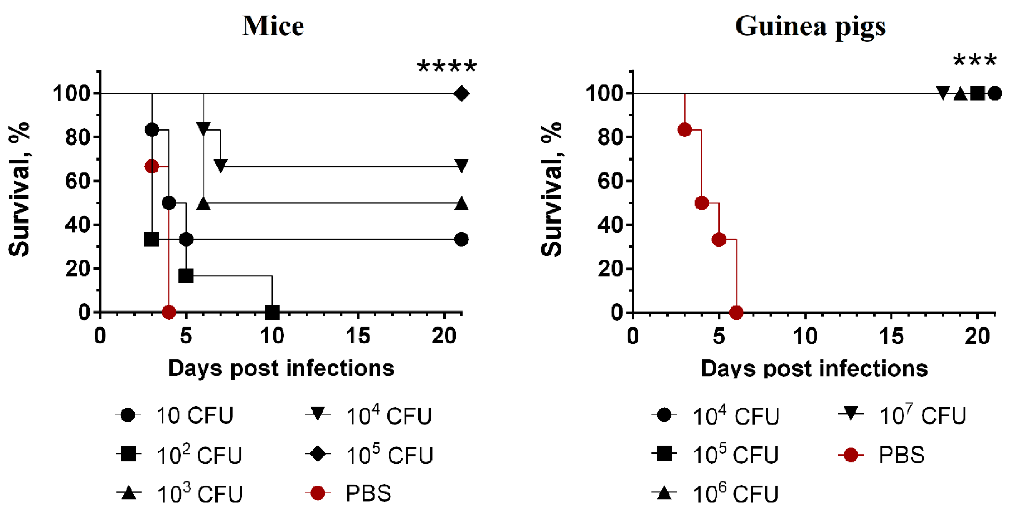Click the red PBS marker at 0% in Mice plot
tap(169, 312)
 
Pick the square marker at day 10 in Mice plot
tap(272, 312)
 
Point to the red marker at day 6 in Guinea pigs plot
tap(736, 312)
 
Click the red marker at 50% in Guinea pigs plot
tap(702, 203)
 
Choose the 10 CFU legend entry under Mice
tap(175, 415)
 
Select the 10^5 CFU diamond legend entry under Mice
tap(369, 455)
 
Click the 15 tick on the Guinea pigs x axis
tap(891, 336)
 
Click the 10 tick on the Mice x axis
tap(272, 336)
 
